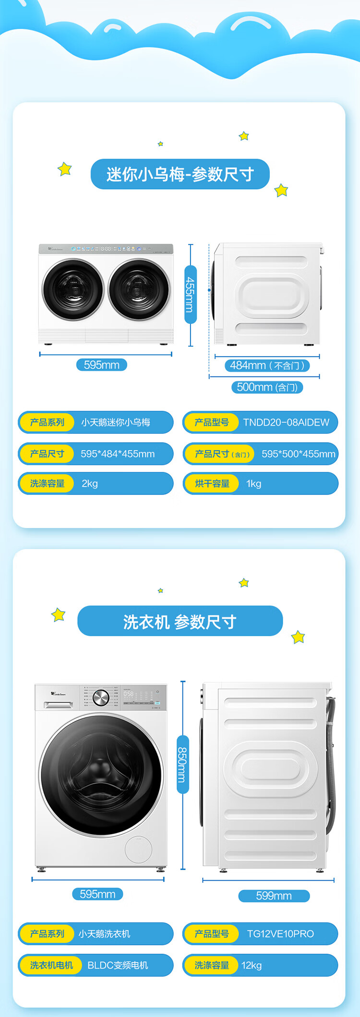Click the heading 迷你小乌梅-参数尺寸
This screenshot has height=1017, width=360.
tap(180, 174)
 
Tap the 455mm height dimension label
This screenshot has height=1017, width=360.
tap(191, 294)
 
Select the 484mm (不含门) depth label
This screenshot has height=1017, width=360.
tap(267, 365)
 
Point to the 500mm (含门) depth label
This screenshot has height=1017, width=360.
tap(267, 387)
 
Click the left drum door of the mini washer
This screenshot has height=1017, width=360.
tap(72, 290)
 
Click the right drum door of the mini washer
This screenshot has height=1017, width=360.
tap(139, 290)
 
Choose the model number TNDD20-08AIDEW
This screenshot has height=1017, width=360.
tap(286, 423)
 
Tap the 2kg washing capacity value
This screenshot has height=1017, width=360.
tap(90, 484)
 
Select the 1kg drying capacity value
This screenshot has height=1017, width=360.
tap(253, 484)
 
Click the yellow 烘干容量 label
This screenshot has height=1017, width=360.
tap(212, 484)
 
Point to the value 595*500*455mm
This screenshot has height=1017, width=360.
tap(298, 454)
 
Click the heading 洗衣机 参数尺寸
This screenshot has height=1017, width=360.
tap(180, 621)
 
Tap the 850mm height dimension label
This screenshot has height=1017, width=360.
tap(182, 764)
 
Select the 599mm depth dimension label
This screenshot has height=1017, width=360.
tap(274, 896)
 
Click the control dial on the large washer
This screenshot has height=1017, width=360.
tap(101, 698)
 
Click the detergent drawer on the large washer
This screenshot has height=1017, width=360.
tap(58, 704)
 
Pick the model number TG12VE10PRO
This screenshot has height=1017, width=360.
tap(280, 933)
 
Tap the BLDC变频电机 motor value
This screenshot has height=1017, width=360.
tap(118, 965)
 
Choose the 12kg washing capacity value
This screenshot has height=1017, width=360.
tap(252, 965)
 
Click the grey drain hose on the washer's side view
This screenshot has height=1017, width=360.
tap(331, 768)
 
